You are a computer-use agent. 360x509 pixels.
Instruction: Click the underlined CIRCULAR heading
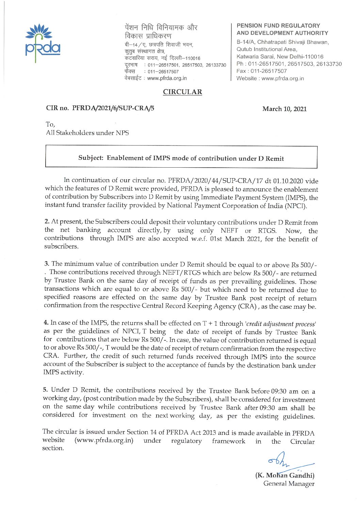[182, 92]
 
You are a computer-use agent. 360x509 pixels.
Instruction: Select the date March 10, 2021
[284, 109]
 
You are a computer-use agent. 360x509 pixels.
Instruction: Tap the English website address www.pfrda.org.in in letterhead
[283, 78]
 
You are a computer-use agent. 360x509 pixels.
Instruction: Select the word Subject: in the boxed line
[91, 158]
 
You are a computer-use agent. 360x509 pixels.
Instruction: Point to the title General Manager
[289, 483]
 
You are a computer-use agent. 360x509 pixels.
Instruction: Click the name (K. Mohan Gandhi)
[285, 475]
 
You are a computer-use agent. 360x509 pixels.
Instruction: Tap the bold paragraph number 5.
[45, 390]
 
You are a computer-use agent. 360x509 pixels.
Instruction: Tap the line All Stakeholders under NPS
[87, 133]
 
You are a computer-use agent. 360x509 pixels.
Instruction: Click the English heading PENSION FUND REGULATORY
[278, 26]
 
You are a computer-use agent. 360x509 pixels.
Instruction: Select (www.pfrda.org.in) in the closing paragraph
[104, 441]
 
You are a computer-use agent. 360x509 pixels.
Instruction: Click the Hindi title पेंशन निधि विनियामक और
[161, 27]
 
